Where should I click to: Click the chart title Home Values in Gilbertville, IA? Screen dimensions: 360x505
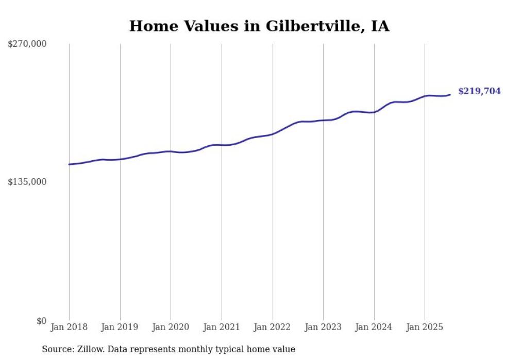[259, 26]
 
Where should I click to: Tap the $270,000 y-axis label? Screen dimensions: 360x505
[27, 44]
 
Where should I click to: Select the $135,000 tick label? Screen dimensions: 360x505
[27, 182]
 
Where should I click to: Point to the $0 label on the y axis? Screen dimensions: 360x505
[42, 321]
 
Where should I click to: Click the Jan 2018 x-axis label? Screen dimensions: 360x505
[69, 327]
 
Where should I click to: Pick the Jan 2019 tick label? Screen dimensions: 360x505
[120, 327]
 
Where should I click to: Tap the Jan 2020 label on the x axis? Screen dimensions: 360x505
[171, 327]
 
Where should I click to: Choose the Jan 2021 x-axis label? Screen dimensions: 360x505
[222, 327]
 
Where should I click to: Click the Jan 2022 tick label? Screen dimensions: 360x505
[273, 327]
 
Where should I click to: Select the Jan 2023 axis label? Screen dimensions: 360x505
[323, 327]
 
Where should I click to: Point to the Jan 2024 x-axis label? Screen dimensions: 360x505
[374, 327]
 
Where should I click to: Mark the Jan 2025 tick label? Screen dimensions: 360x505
[425, 327]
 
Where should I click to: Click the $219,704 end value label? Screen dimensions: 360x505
[479, 91]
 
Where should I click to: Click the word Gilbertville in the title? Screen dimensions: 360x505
[309, 26]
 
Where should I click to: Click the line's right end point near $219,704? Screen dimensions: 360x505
[450, 94]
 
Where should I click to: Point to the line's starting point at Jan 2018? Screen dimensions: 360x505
[69, 164]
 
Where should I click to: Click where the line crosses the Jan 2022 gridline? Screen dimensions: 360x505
[273, 134]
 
